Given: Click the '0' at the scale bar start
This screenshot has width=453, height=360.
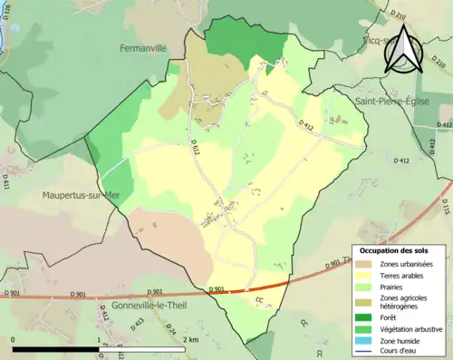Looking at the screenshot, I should point(14,339).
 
